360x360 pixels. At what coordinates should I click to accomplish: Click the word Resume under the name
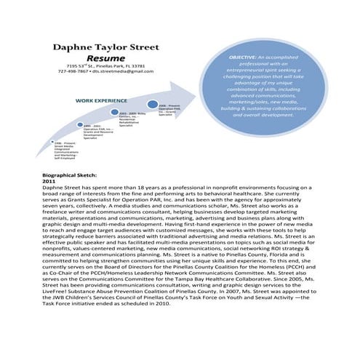tap(103, 57)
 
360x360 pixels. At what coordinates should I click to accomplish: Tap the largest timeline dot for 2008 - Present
tap(153, 103)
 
